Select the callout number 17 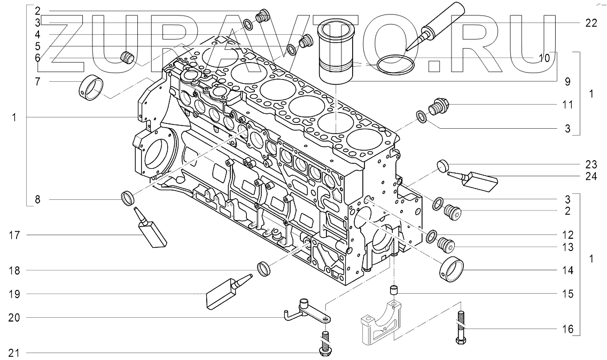pos(15,234)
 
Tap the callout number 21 pos(15,353)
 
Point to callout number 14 pos(567,271)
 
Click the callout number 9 pos(567,82)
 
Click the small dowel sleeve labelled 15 pos(394,291)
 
